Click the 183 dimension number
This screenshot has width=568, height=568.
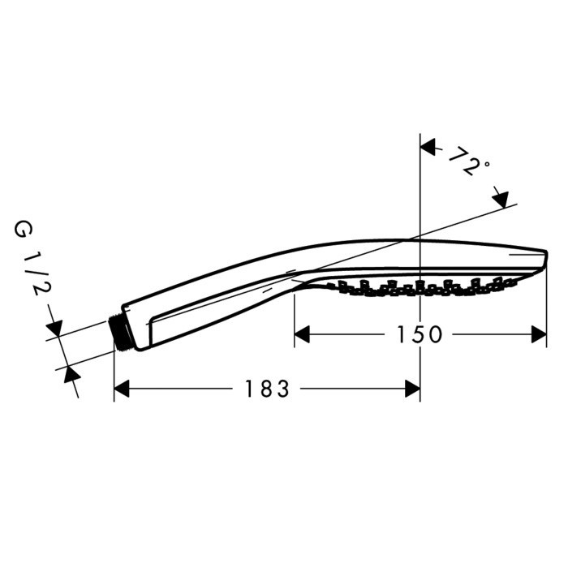point(267,389)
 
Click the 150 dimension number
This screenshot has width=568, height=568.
point(420,334)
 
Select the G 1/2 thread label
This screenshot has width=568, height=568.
point(32,258)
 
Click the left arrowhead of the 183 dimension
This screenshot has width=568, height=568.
point(122,389)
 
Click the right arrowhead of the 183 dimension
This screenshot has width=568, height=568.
point(412,389)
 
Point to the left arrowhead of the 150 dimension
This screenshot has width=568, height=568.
point(302,334)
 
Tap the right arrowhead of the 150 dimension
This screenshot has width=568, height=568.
point(539,334)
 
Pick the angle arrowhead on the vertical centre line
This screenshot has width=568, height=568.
point(428,147)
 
